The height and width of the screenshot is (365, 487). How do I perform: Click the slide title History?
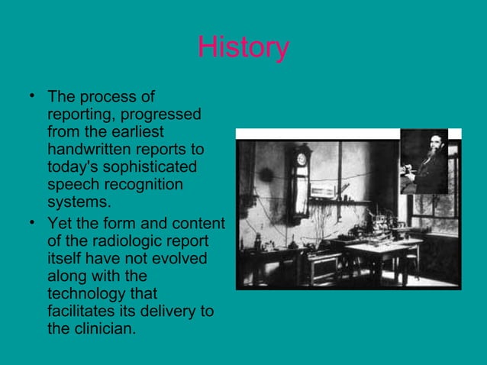243,47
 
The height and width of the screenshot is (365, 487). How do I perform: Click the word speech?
73,184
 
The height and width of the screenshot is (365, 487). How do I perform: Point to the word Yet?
61,224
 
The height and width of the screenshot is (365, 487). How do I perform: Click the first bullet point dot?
31,97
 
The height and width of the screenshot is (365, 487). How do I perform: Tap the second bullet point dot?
31,224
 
